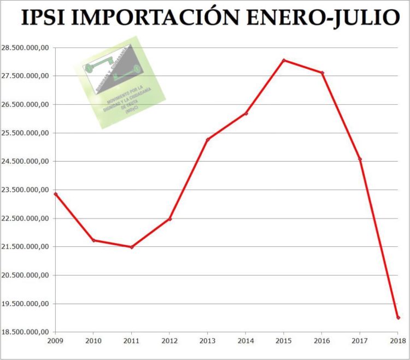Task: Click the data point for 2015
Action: (284, 60)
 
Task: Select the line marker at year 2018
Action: (398, 317)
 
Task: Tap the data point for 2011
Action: (132, 247)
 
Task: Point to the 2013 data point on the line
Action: (208, 139)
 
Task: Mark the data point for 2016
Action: (322, 73)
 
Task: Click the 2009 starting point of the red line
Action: (56, 194)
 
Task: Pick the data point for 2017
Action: (360, 159)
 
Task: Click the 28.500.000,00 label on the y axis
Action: (26, 48)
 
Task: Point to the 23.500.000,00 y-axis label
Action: (26, 190)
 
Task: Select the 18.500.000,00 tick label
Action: (26, 332)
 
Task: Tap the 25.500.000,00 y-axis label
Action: (26, 133)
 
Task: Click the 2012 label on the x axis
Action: (169, 341)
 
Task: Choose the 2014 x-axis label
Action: (245, 341)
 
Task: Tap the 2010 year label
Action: (93, 341)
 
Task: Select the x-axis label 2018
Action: (398, 341)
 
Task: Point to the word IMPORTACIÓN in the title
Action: (156, 18)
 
